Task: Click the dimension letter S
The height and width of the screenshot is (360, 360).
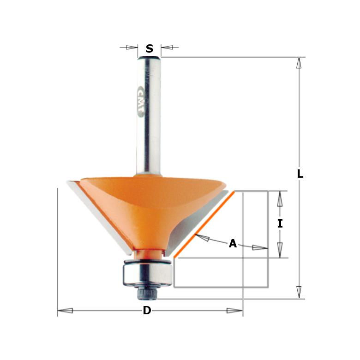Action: [149, 49]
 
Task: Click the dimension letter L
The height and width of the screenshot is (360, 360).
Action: [300, 174]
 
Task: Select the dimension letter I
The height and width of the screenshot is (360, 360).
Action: [280, 224]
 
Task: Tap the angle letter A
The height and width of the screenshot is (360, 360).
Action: [233, 244]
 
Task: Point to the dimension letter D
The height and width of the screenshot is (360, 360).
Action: [147, 311]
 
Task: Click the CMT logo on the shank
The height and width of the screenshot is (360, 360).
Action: [141, 101]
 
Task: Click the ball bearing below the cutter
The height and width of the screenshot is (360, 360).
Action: [146, 272]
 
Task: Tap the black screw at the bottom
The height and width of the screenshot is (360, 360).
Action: [146, 292]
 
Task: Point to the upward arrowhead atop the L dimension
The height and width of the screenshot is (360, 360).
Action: [299, 63]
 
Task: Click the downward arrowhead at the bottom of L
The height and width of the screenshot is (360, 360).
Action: [299, 292]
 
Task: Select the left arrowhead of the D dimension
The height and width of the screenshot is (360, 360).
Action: [65, 311]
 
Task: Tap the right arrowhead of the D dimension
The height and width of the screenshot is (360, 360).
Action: [234, 311]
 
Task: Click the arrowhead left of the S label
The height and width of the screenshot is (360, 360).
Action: [132, 47]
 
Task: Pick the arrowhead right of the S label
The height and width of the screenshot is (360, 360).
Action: [167, 47]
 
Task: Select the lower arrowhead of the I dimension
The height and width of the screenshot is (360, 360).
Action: [280, 250]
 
